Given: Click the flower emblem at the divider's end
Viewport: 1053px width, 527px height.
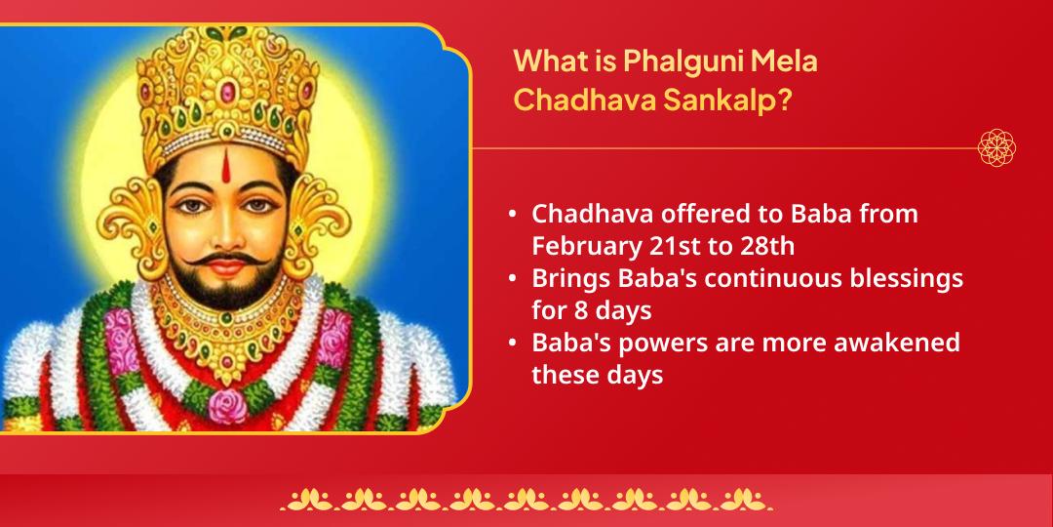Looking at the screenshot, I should pyautogui.click(x=996, y=148).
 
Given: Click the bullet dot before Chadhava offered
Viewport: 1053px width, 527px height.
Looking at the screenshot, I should pyautogui.click(x=513, y=214).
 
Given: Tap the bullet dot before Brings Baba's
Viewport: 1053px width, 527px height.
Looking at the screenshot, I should pyautogui.click(x=513, y=278).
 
